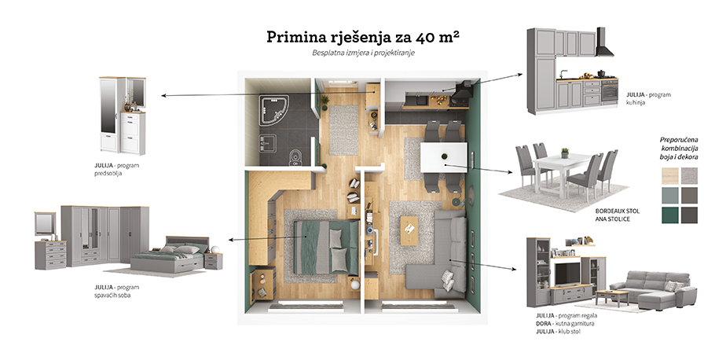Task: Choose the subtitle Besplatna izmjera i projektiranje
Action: tap(362, 54)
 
